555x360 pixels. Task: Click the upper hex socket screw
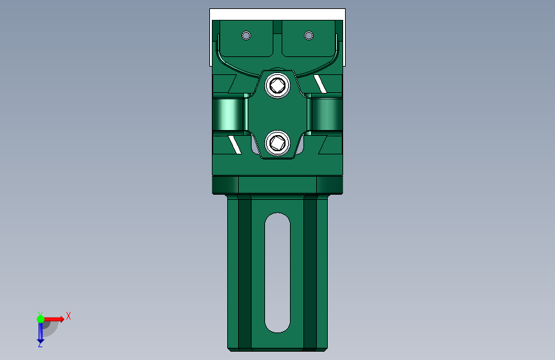pos(278,85)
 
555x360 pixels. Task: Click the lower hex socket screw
pos(278,142)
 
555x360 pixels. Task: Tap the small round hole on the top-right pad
pos(309,35)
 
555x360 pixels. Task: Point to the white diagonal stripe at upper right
pos(320,83)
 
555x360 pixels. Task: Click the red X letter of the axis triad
pos(68,315)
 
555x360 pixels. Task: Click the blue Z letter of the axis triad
pos(40,344)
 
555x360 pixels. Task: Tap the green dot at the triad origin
pos(40,318)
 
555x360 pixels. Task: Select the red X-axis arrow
pos(54,318)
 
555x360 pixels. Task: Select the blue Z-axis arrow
pos(40,331)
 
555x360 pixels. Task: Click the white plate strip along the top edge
pos(277,14)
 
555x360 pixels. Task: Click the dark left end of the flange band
pos(224,185)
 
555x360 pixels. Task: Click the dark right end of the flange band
pos(331,185)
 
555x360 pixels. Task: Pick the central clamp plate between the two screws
pos(278,114)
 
